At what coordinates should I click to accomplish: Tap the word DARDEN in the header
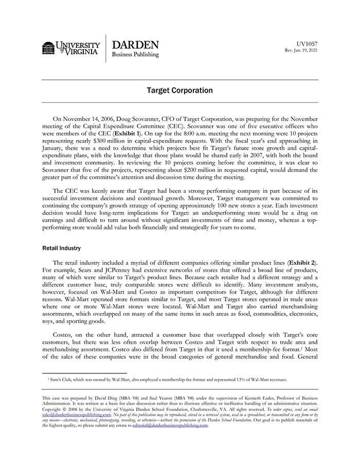click(x=135, y=45)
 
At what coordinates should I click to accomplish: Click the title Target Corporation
click(x=179, y=91)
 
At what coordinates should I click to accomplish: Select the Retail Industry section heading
click(x=61, y=248)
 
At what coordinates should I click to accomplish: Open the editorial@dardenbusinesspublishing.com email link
click(x=170, y=425)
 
